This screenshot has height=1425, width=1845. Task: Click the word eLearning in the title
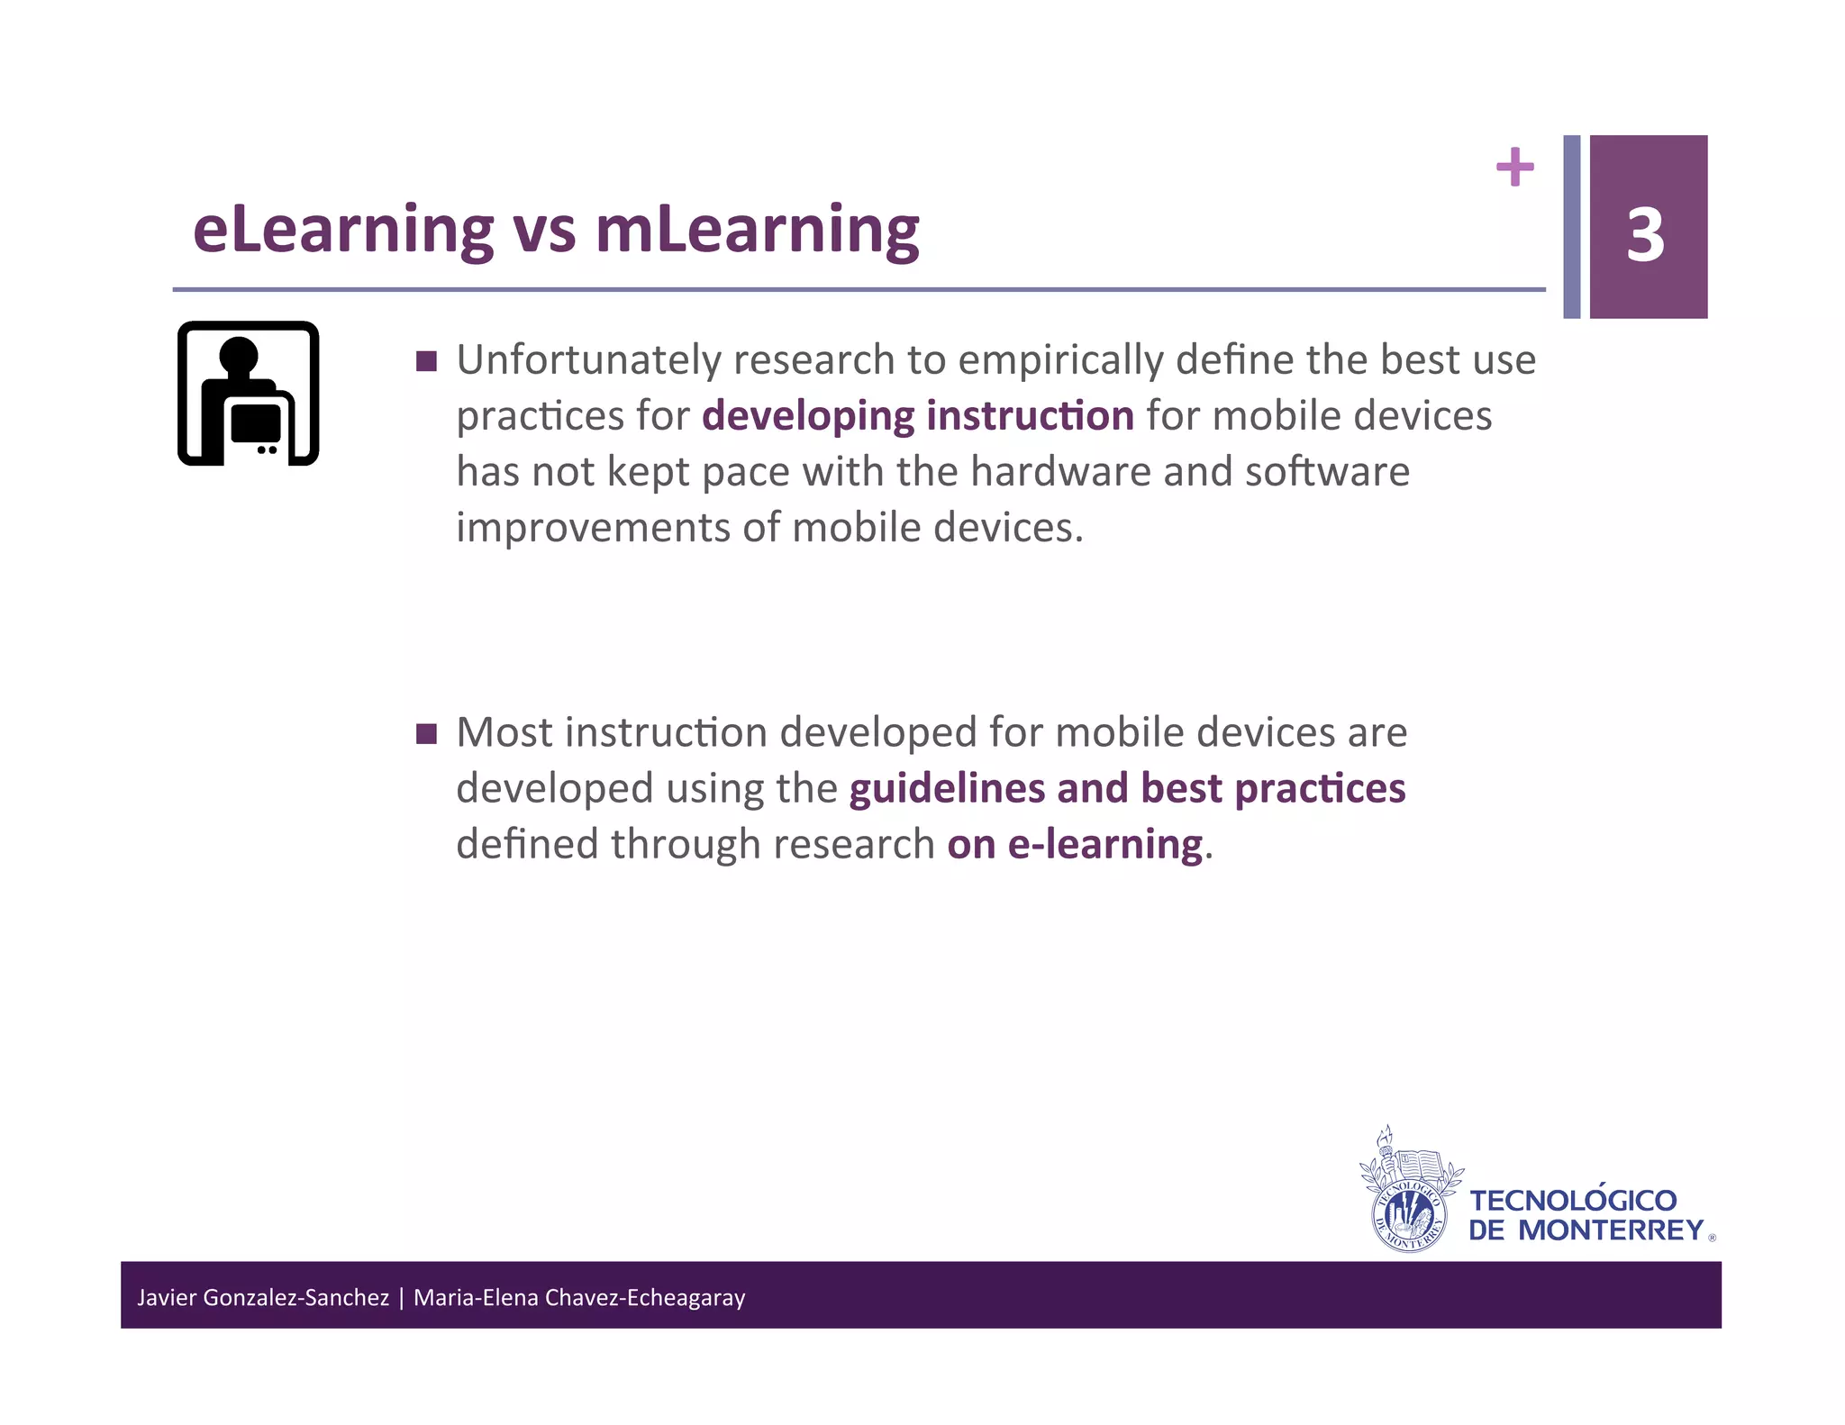(x=343, y=231)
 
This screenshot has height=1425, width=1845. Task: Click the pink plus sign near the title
(x=1514, y=167)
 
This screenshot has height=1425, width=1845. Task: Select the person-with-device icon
(x=249, y=394)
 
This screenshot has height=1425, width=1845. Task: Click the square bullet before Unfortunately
(x=427, y=362)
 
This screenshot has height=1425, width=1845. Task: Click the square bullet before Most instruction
(x=427, y=734)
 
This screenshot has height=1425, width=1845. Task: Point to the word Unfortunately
(x=589, y=360)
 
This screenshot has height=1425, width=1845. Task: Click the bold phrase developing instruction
(x=917, y=416)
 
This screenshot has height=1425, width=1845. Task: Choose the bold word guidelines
(x=947, y=788)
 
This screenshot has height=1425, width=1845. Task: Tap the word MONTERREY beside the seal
(x=1612, y=1230)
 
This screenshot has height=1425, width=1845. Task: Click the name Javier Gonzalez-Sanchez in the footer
(x=263, y=1298)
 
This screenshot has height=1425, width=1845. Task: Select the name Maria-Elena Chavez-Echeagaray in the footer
(x=579, y=1298)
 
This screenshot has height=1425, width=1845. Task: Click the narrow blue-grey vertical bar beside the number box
(x=1571, y=227)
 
